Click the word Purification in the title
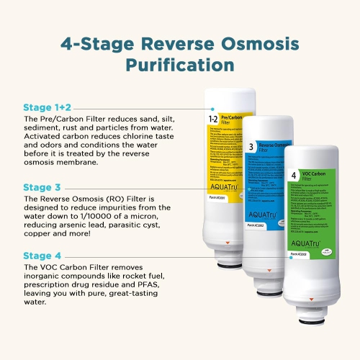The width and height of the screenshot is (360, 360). pyautogui.click(x=180, y=65)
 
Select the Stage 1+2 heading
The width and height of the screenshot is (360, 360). pyautogui.click(x=47, y=108)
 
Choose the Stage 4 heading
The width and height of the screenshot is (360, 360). pyautogui.click(x=42, y=255)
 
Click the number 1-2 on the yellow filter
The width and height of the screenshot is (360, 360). pyautogui.click(x=213, y=118)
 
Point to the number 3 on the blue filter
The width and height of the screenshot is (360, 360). pyautogui.click(x=251, y=147)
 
